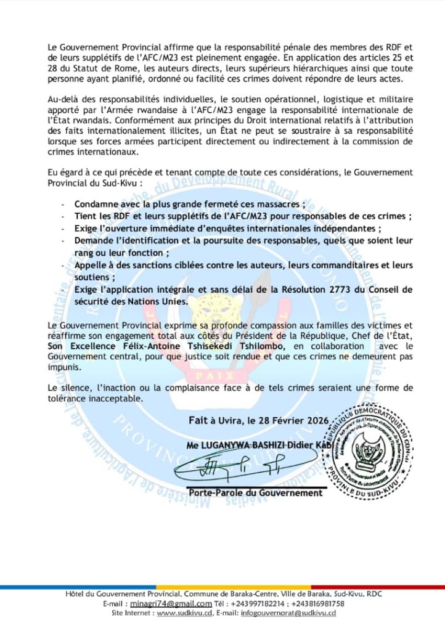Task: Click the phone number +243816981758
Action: (318, 603)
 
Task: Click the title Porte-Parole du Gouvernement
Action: (255, 493)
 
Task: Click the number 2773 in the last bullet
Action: (324, 289)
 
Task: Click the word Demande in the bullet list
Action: (94, 240)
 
